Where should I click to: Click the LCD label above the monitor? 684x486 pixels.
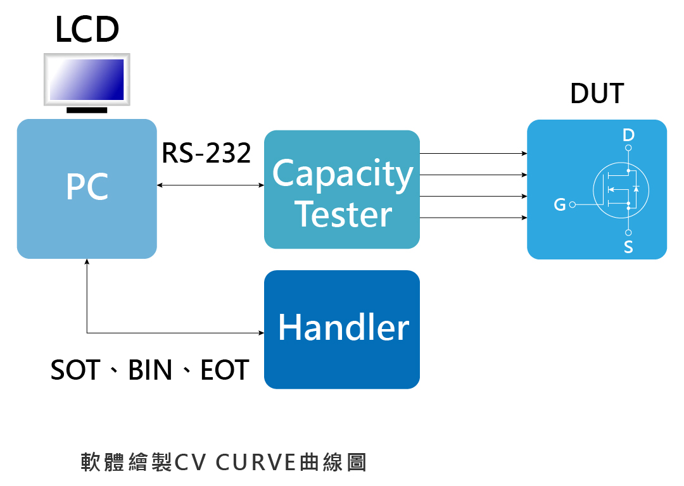(87, 30)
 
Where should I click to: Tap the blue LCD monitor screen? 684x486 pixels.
(87, 79)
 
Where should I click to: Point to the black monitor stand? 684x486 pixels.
(87, 110)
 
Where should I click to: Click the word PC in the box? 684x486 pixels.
(87, 187)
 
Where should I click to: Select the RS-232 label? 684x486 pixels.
(206, 153)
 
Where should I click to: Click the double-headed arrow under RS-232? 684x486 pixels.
(210, 185)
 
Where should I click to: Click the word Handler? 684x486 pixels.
(344, 327)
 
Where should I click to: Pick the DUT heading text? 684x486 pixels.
(597, 93)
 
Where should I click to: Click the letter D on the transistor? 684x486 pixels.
(628, 135)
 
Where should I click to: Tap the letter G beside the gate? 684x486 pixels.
(560, 204)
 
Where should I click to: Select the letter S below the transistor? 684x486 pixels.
(628, 247)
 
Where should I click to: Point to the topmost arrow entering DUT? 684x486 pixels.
(473, 153)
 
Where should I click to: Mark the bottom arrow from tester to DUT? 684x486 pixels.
(473, 218)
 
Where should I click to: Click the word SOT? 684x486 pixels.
(75, 370)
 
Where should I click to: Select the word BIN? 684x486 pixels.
(150, 370)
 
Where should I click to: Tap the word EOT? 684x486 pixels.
(225, 370)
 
